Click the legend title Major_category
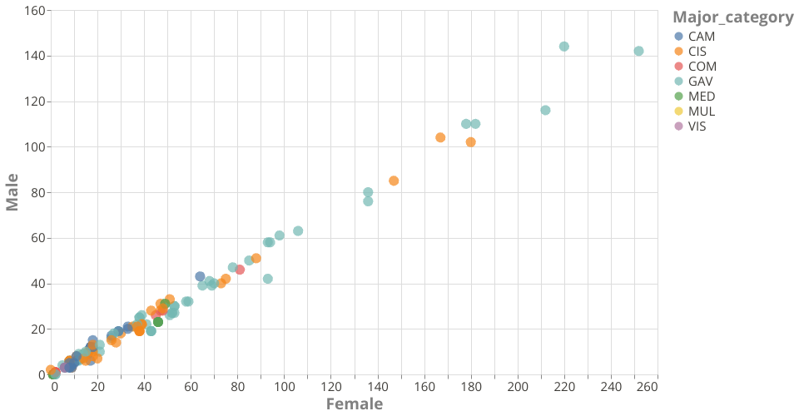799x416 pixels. click(x=732, y=17)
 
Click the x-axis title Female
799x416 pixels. click(x=355, y=404)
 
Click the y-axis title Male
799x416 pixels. click(x=12, y=192)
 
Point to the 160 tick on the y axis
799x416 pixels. click(x=34, y=11)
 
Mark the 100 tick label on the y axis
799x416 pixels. click(x=34, y=147)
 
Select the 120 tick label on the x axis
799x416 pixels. click(x=331, y=387)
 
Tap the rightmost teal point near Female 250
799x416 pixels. click(x=638, y=52)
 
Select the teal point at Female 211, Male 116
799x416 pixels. click(x=545, y=111)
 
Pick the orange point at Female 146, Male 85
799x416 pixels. click(x=394, y=181)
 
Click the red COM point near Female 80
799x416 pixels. click(x=240, y=270)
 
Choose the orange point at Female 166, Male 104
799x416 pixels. click(x=440, y=138)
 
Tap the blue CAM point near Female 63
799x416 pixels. click(x=200, y=276)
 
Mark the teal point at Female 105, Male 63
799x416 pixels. click(x=298, y=231)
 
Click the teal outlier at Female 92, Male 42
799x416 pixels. click(x=268, y=279)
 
